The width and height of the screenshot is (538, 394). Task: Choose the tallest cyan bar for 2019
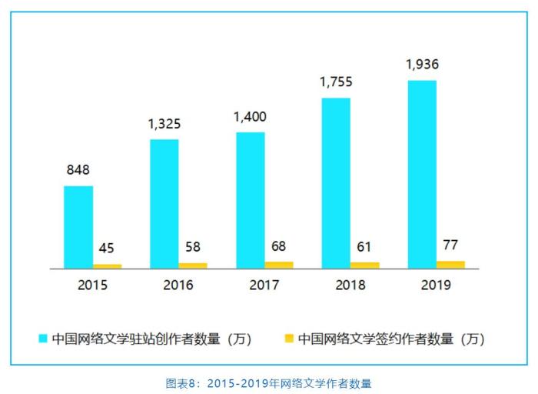pyautogui.click(x=422, y=174)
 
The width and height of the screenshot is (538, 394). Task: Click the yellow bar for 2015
pyautogui.click(x=108, y=265)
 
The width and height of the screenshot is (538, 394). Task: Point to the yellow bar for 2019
pyautogui.click(x=451, y=264)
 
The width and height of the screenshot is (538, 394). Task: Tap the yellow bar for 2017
pyautogui.click(x=279, y=265)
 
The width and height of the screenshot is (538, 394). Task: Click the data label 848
pyautogui.click(x=78, y=171)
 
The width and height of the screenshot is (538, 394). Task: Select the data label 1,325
pyautogui.click(x=164, y=124)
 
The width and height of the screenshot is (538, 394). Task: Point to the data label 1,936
pyautogui.click(x=422, y=65)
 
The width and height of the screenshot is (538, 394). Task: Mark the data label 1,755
pyautogui.click(x=336, y=82)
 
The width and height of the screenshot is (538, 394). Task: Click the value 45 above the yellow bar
pyautogui.click(x=108, y=249)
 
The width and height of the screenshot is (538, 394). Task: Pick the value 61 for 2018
pyautogui.click(x=365, y=246)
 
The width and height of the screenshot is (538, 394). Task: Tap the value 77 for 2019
pyautogui.click(x=451, y=245)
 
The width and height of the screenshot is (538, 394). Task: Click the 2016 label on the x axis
pyautogui.click(x=178, y=285)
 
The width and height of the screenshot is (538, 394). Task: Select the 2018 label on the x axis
pyautogui.click(x=350, y=285)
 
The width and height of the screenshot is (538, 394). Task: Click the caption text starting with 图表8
pyautogui.click(x=268, y=382)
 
